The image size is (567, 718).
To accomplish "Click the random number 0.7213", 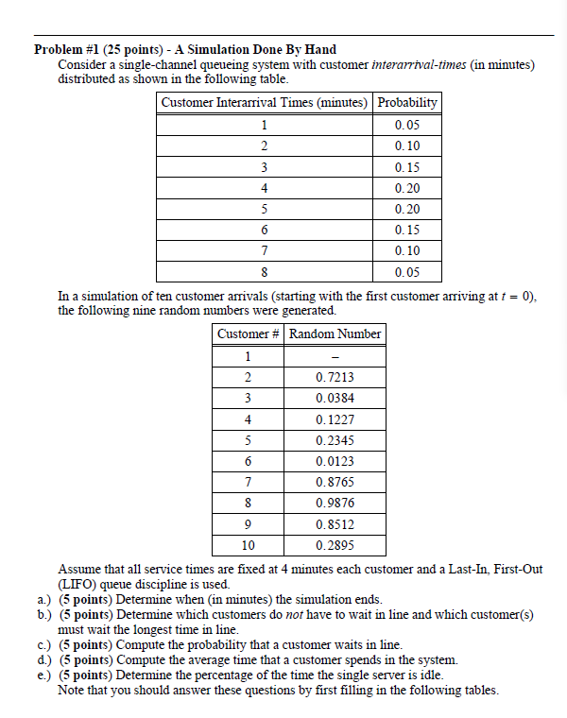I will (335, 377).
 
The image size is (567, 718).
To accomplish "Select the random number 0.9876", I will (335, 503).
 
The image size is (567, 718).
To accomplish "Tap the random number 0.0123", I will (335, 461).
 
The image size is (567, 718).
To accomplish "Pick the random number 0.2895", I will (335, 545).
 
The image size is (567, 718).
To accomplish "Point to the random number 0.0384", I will (335, 398).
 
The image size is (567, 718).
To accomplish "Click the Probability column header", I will (407, 102).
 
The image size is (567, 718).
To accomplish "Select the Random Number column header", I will (335, 333).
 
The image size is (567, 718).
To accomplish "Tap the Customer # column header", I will (249, 333).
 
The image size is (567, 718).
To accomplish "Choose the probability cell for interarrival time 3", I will (407, 167).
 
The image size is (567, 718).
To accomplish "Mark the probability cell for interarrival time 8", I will (407, 273).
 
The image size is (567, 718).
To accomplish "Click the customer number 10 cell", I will (249, 545).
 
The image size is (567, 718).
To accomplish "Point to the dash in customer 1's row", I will (335, 356).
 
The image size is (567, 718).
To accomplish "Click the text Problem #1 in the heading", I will (67, 49).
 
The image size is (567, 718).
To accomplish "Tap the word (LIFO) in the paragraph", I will (78, 585).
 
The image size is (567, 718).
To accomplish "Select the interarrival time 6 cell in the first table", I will (265, 231).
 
